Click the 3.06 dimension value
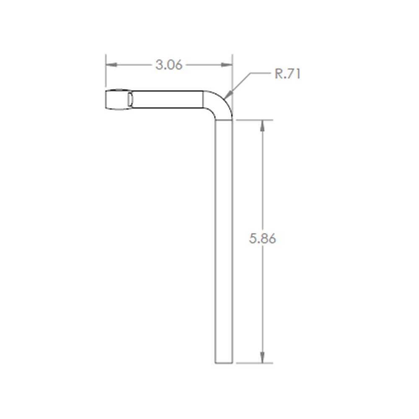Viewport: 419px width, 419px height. (169, 65)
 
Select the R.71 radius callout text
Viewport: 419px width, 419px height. (287, 74)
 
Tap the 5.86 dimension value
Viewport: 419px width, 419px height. (263, 239)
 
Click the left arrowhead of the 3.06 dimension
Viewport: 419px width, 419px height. (110, 65)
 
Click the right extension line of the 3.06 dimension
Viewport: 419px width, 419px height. (232, 75)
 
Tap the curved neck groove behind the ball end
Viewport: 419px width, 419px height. (131, 100)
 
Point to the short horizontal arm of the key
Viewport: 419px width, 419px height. (168, 100)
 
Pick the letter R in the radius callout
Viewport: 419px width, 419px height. (278, 74)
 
